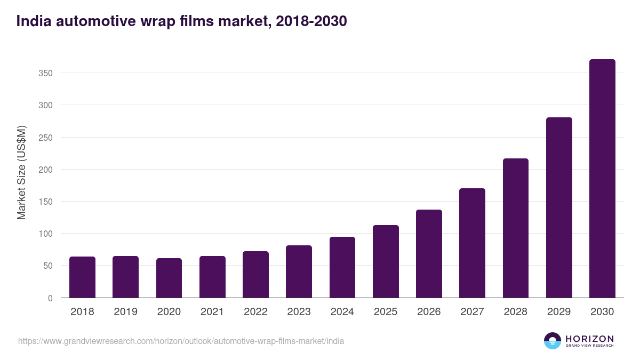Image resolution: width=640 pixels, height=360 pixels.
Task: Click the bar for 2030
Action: pos(602,179)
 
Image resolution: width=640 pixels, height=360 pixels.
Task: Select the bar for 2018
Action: pos(82,277)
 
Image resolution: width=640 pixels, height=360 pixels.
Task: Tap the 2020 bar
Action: pos(169,278)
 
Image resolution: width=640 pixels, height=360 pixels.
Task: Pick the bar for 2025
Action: pos(386,261)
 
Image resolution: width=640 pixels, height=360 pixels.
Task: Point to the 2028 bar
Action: pos(516,228)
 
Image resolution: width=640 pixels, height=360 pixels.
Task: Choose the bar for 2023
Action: pos(299,271)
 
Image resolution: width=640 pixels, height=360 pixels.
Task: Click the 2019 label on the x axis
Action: pos(125,312)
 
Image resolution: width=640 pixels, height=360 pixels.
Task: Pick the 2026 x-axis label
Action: pos(429,312)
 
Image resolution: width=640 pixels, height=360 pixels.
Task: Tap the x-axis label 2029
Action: pos(559,312)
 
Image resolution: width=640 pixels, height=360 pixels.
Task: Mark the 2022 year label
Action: pos(255,312)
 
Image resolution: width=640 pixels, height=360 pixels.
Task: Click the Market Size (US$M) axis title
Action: pos(21,172)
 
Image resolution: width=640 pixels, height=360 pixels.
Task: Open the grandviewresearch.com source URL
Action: pos(181,341)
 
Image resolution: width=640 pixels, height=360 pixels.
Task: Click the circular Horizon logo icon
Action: pos(553,341)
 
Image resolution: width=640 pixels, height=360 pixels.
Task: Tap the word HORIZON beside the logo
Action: pos(589,339)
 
